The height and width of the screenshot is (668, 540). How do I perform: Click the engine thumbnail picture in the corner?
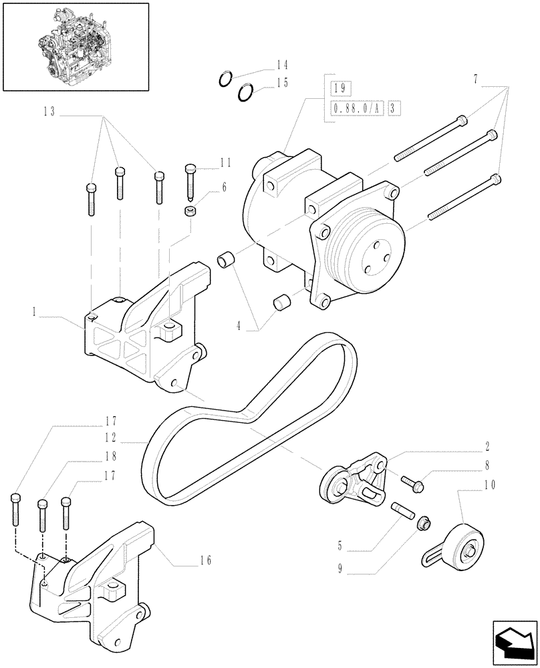pyautogui.click(x=74, y=46)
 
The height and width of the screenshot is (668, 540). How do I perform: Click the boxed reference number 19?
pyautogui.click(x=336, y=88)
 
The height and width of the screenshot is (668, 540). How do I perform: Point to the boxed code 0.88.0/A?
pyautogui.click(x=354, y=108)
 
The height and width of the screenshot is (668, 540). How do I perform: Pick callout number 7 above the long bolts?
pyautogui.click(x=475, y=79)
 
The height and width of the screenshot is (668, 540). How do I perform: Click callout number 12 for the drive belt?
pyautogui.click(x=111, y=438)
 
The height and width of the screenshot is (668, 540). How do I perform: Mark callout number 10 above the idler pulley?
pyautogui.click(x=491, y=485)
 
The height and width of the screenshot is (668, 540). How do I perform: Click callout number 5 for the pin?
pyautogui.click(x=340, y=546)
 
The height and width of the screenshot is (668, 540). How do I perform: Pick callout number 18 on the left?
pyautogui.click(x=111, y=457)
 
